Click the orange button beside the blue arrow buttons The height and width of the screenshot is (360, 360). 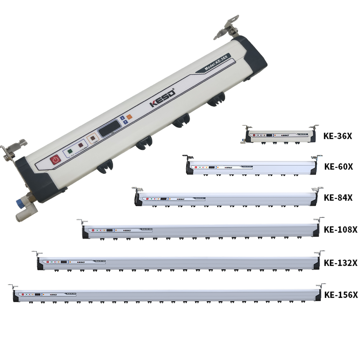coord(129,117)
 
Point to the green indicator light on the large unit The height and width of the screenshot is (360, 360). coord(70,152)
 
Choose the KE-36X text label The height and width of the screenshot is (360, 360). coord(337,135)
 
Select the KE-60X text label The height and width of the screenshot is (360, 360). coord(338,166)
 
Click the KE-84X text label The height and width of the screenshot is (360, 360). coord(338,198)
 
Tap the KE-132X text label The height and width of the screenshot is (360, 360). coord(341,262)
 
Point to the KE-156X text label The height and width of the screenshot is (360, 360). coord(341,295)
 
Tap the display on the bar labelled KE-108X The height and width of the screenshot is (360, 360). coord(109,230)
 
